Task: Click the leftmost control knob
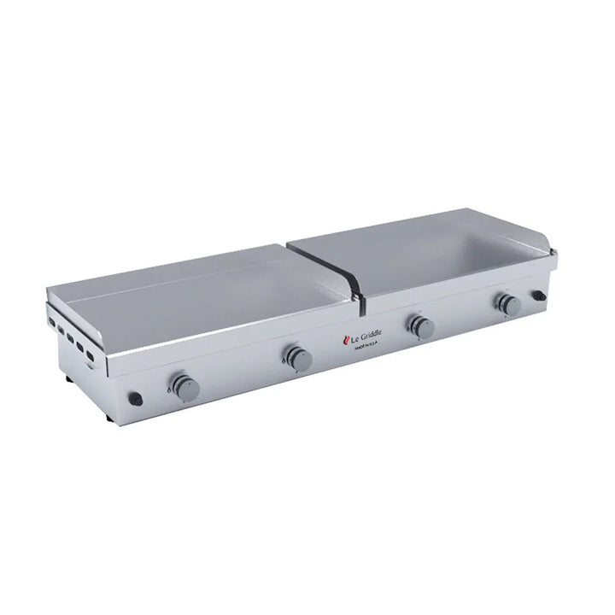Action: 184,385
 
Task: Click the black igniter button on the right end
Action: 539,296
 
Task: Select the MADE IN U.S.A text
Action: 365,346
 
